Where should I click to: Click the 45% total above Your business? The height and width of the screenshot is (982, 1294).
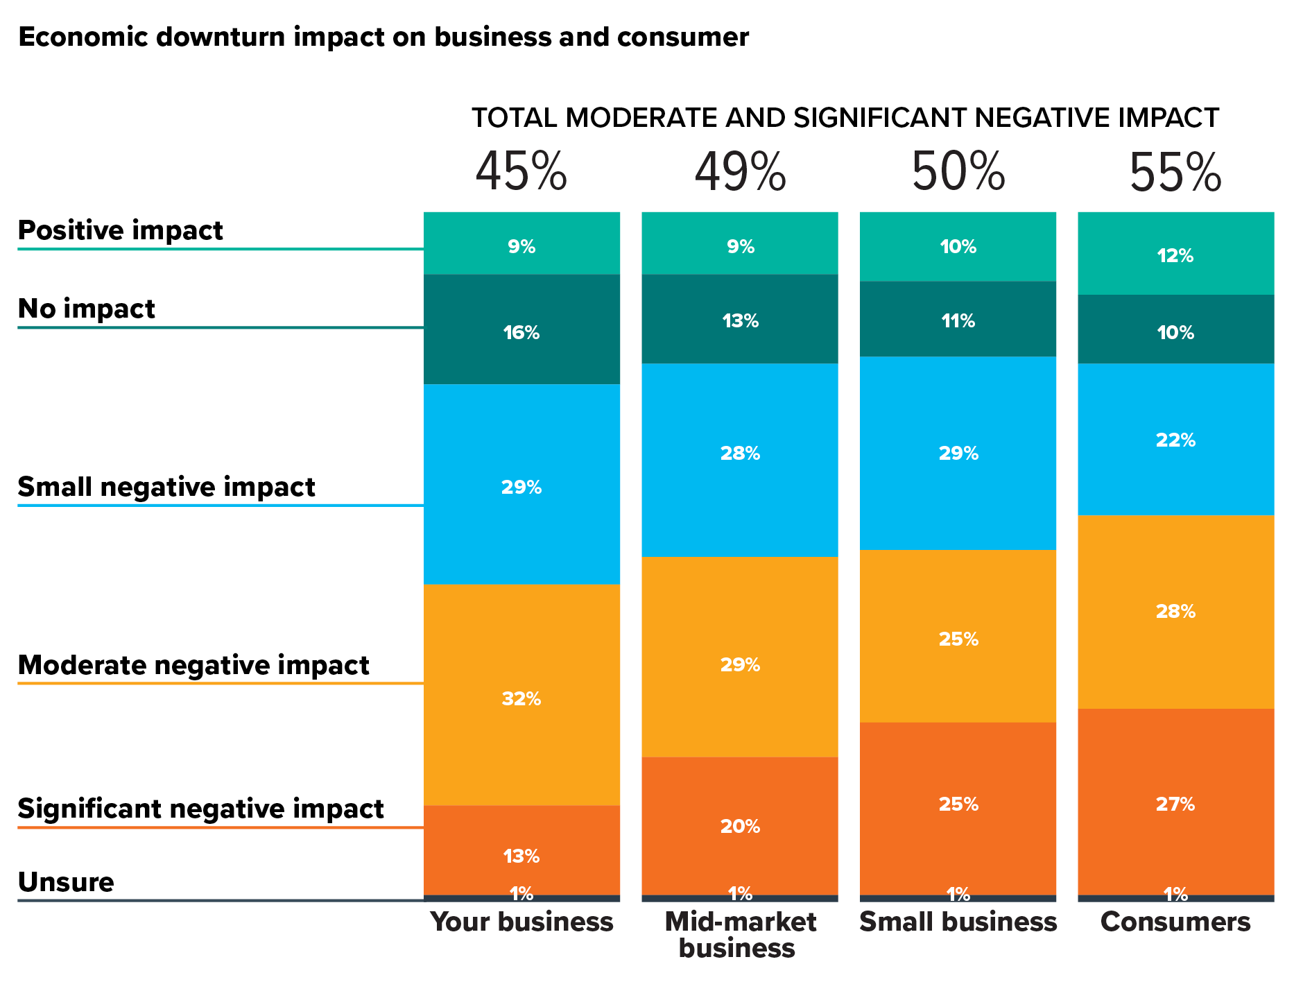(x=521, y=173)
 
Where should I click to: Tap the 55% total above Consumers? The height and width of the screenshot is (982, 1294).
(x=1175, y=173)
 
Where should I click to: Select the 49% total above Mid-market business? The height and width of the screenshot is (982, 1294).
(x=740, y=173)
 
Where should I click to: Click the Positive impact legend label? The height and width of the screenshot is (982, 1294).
(x=120, y=230)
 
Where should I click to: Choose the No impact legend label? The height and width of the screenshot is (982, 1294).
(x=86, y=309)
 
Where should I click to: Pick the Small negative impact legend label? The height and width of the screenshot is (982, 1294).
(x=166, y=487)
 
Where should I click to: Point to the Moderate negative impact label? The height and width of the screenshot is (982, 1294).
(x=193, y=665)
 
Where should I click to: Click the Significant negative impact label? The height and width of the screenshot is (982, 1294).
(x=200, y=809)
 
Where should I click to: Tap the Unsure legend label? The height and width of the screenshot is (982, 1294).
(x=66, y=882)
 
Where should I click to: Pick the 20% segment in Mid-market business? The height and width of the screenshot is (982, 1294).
(x=740, y=826)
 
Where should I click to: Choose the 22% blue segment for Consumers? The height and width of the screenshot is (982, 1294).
(x=1175, y=440)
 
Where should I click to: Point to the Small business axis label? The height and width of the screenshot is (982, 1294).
(x=958, y=922)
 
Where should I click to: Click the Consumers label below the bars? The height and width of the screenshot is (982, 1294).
(x=1175, y=922)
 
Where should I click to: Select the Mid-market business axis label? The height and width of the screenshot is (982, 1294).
(x=740, y=935)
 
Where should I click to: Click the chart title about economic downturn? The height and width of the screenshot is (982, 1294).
(x=383, y=37)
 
